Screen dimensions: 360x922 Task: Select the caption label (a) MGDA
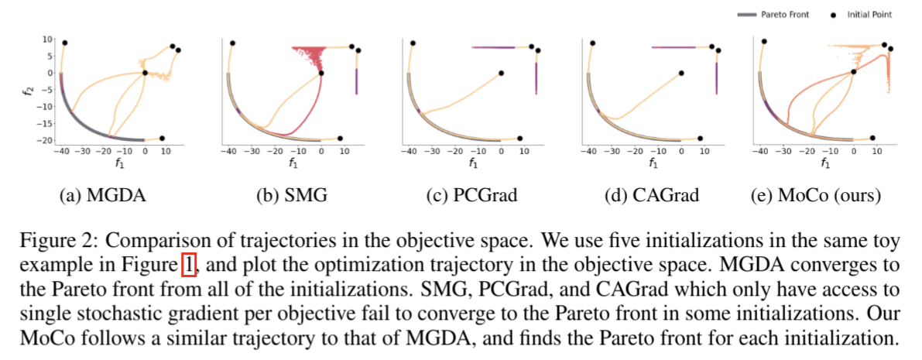(102, 196)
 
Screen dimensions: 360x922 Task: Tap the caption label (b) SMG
(291, 196)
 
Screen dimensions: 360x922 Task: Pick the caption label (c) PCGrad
(471, 196)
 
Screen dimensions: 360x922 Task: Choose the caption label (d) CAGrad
(651, 196)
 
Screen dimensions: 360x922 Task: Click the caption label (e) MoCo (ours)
(816, 196)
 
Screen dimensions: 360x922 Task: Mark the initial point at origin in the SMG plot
(321, 74)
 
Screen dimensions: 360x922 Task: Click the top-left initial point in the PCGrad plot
(413, 43)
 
